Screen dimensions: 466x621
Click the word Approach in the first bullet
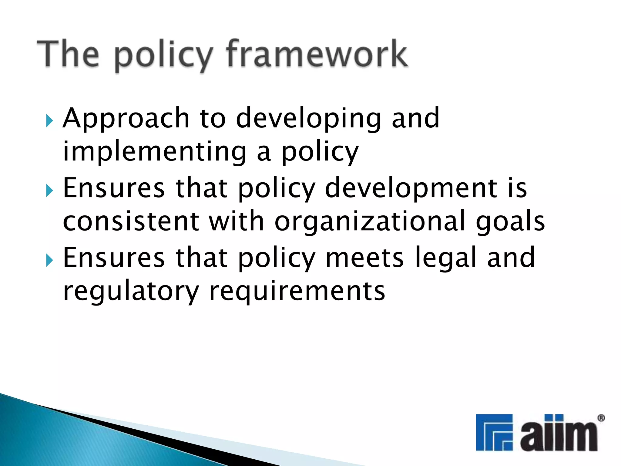pos(126,119)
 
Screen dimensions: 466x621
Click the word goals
pos(510,221)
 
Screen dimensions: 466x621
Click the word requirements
pos(297,291)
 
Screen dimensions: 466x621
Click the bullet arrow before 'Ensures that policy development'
pos(50,191)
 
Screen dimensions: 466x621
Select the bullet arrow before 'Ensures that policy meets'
pos(50,260)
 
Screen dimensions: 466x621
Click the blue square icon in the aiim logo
pos(494,432)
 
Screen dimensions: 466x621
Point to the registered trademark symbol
pos(600,418)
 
